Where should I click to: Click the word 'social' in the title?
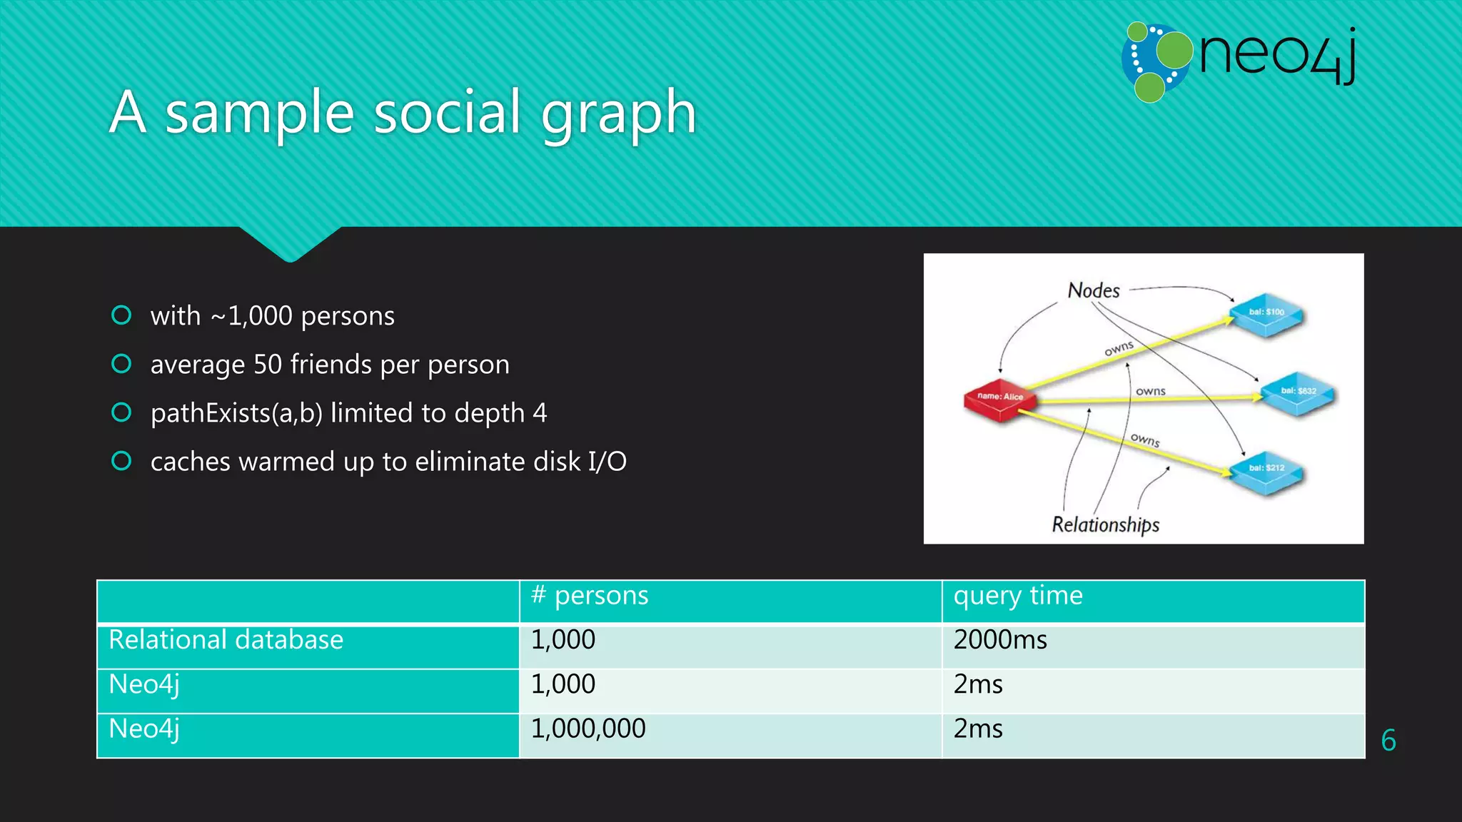pyautogui.click(x=447, y=113)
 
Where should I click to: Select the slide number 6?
pyautogui.click(x=1388, y=741)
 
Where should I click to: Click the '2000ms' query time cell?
pyautogui.click(x=1000, y=640)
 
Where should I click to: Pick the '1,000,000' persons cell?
pyautogui.click(x=588, y=729)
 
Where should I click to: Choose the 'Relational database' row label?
pyautogui.click(x=226, y=640)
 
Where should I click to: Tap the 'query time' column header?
pyautogui.click(x=1018, y=595)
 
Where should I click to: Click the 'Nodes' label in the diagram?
pyautogui.click(x=1094, y=290)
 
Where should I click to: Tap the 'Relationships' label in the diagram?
pyautogui.click(x=1105, y=524)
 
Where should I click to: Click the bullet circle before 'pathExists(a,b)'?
pyautogui.click(x=122, y=412)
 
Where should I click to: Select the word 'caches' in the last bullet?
pyautogui.click(x=191, y=462)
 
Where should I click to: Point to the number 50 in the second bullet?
pyautogui.click(x=268, y=365)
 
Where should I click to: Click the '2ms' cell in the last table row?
pyautogui.click(x=978, y=729)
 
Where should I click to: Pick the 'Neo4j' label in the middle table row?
pyautogui.click(x=144, y=684)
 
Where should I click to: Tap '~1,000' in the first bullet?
pyautogui.click(x=251, y=316)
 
